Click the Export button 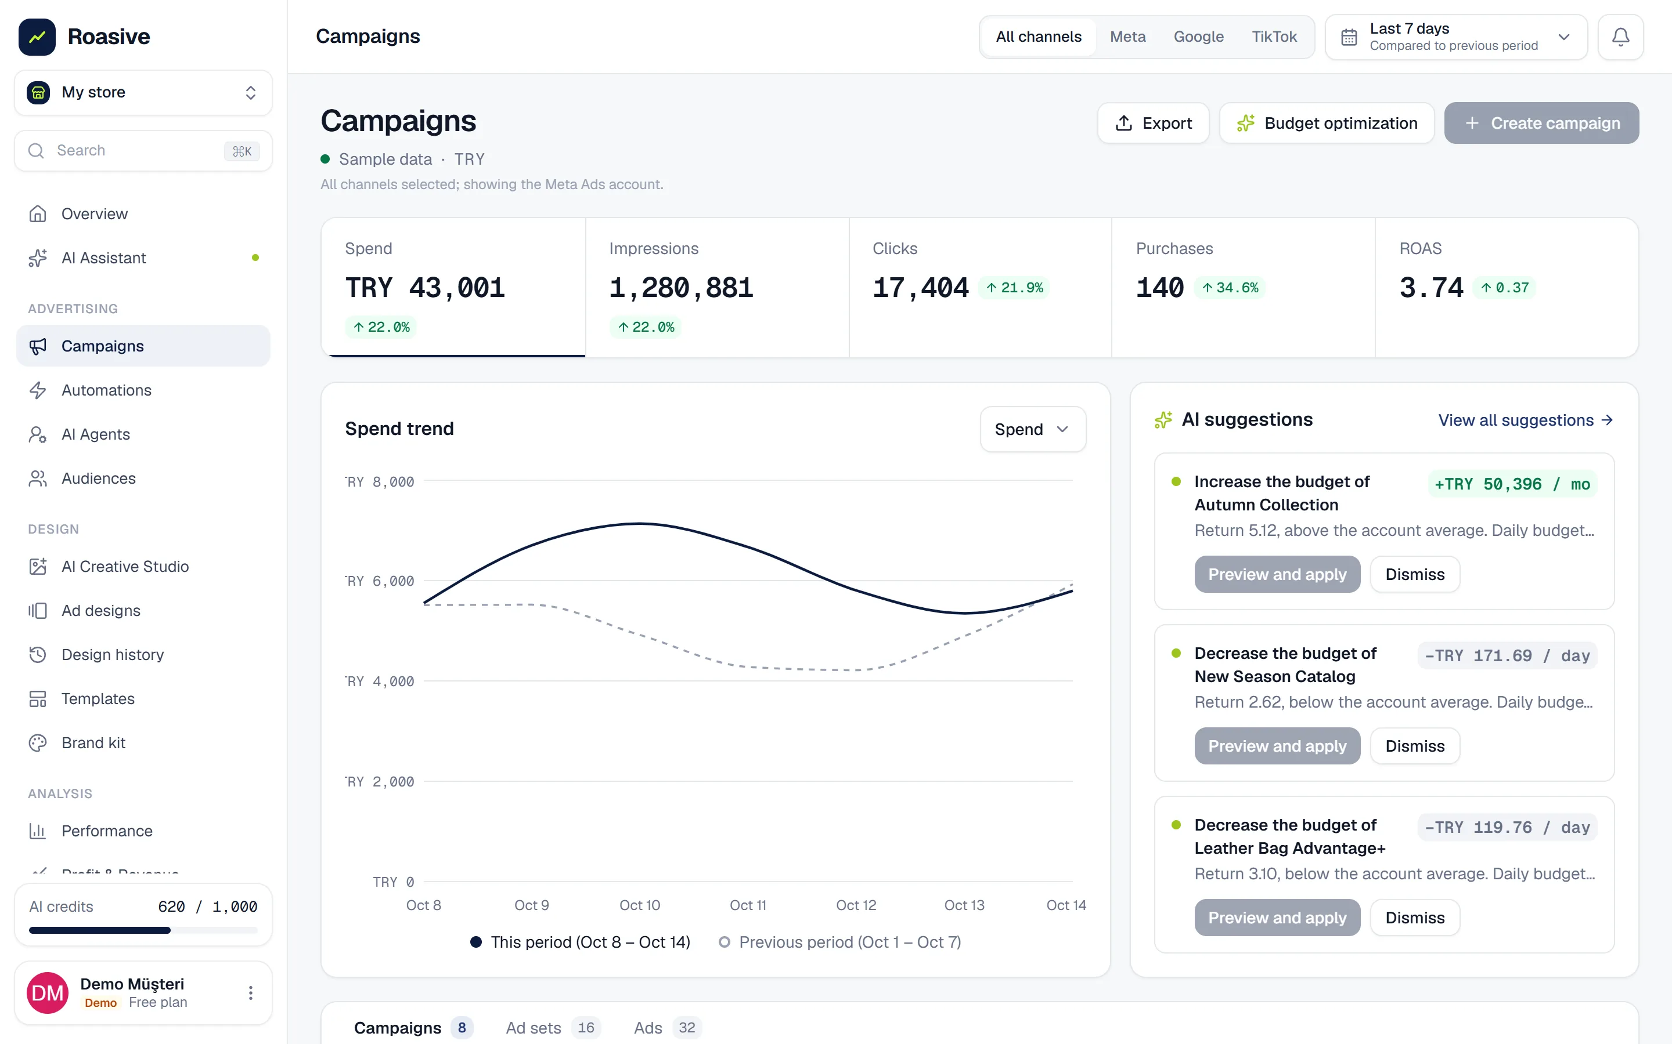click(1153, 123)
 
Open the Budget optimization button click(1327, 123)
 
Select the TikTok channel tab click(1274, 37)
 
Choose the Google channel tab click(1198, 37)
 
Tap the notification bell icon click(1620, 37)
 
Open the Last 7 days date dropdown click(1456, 37)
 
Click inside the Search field click(143, 151)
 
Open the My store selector click(143, 93)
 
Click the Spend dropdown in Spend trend click(1032, 429)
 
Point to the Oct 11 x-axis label click(748, 905)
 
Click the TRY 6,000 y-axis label click(380, 581)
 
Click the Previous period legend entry click(839, 942)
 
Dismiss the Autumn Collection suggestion click(1414, 574)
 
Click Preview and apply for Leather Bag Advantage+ click(1277, 918)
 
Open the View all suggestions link click(1526, 420)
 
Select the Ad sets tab click(553, 1028)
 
